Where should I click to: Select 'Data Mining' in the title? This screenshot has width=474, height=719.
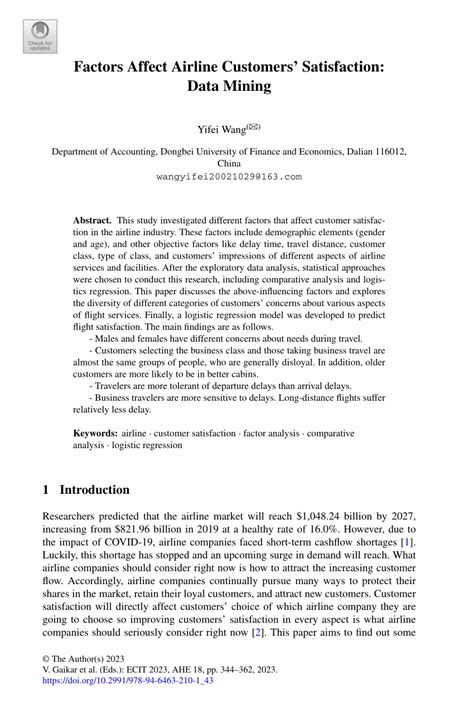[x=236, y=87]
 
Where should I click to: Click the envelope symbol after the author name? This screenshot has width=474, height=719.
[x=256, y=126]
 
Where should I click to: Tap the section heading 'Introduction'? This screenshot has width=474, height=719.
[x=95, y=490]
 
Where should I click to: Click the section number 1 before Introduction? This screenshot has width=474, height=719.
[x=46, y=490]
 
